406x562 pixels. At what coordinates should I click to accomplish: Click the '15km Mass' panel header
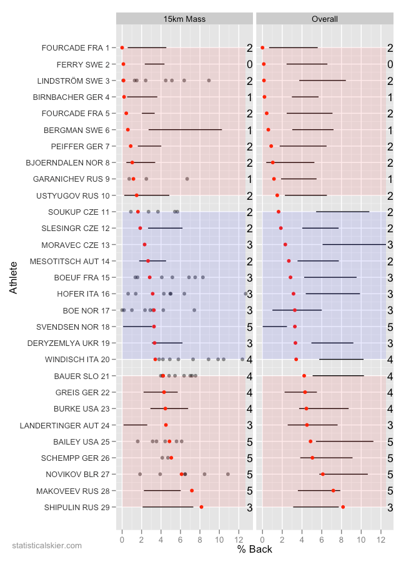(184, 19)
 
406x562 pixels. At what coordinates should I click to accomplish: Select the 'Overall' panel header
(325, 19)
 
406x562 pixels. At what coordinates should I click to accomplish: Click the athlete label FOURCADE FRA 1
(75, 48)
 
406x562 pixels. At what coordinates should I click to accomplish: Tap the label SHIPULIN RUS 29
(77, 507)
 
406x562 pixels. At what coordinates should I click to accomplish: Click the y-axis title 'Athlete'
(14, 278)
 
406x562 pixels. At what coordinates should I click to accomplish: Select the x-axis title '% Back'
(254, 549)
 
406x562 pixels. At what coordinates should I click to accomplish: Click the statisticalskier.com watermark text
(47, 545)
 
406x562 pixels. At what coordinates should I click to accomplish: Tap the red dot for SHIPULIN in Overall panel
(343, 507)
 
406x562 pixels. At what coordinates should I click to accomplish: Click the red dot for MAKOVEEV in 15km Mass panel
(192, 491)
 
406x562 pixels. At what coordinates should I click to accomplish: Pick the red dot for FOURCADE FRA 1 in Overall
(262, 47)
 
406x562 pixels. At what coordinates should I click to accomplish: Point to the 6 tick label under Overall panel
(322, 536)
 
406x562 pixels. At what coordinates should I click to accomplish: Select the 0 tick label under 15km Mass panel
(122, 536)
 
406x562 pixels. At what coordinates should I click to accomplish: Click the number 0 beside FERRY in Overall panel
(390, 64)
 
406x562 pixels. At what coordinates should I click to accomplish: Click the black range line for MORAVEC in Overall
(354, 244)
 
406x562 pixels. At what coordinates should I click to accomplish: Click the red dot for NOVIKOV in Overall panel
(322, 474)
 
